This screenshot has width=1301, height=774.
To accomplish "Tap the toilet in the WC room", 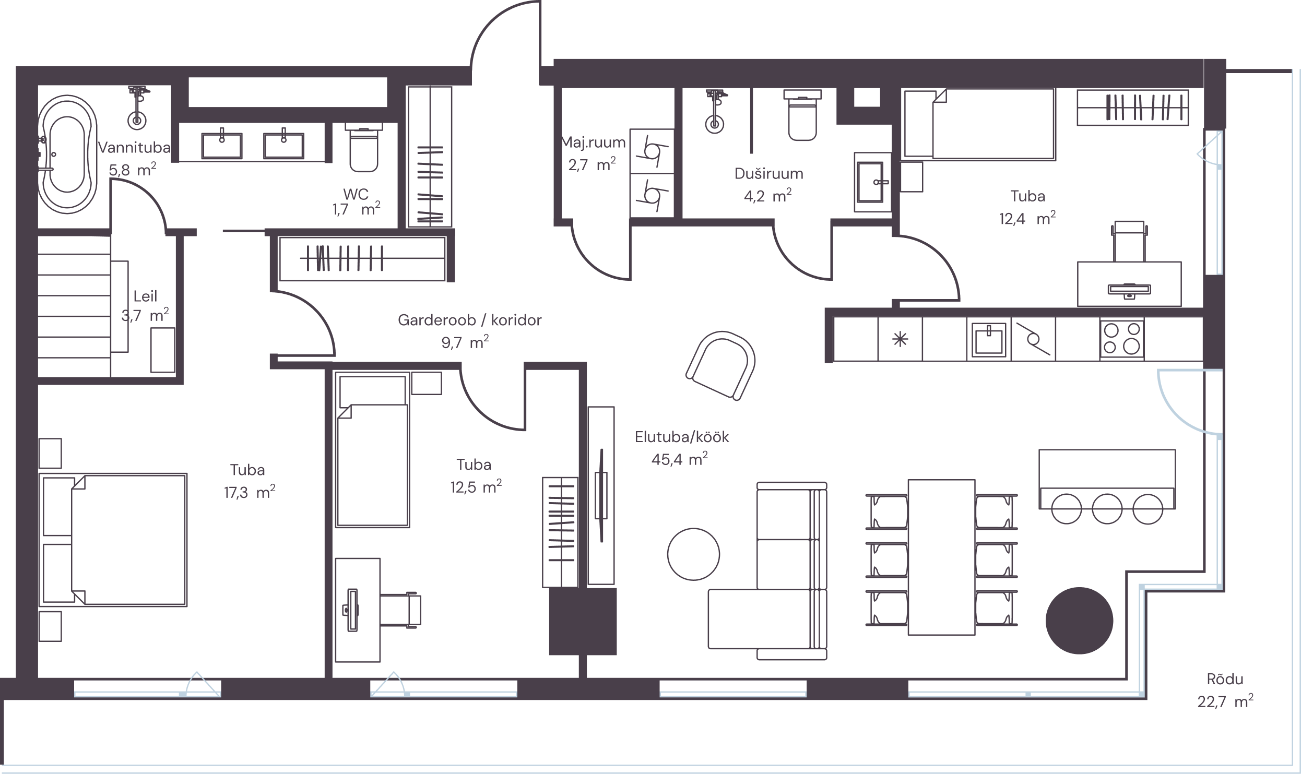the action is click(x=364, y=148).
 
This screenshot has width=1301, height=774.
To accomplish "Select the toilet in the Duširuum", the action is click(x=802, y=115).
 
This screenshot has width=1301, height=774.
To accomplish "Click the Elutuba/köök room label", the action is click(x=681, y=437).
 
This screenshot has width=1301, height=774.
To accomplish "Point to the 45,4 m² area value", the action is click(x=679, y=459).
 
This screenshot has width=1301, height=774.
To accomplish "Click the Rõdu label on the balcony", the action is click(x=1225, y=679).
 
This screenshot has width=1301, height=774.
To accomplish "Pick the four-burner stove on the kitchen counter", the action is click(x=1122, y=339).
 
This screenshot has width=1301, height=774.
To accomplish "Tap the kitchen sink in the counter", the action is click(x=988, y=339).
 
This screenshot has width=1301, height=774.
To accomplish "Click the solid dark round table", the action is click(x=1079, y=621).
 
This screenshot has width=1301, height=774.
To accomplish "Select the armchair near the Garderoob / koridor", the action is click(x=721, y=365).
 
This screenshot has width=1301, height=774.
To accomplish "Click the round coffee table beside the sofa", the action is click(x=693, y=554).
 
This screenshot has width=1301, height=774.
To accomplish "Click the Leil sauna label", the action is click(x=145, y=296).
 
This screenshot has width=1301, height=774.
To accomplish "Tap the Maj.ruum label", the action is click(x=593, y=142).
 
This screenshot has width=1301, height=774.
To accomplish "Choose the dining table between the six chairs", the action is click(x=941, y=557).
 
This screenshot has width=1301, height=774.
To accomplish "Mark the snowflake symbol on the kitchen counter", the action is click(x=900, y=340).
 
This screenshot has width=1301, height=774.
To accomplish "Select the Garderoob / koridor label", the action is click(x=469, y=320).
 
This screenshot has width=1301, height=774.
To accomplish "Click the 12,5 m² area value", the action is click(x=476, y=487).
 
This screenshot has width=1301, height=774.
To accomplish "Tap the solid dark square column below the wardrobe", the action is click(x=583, y=622).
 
